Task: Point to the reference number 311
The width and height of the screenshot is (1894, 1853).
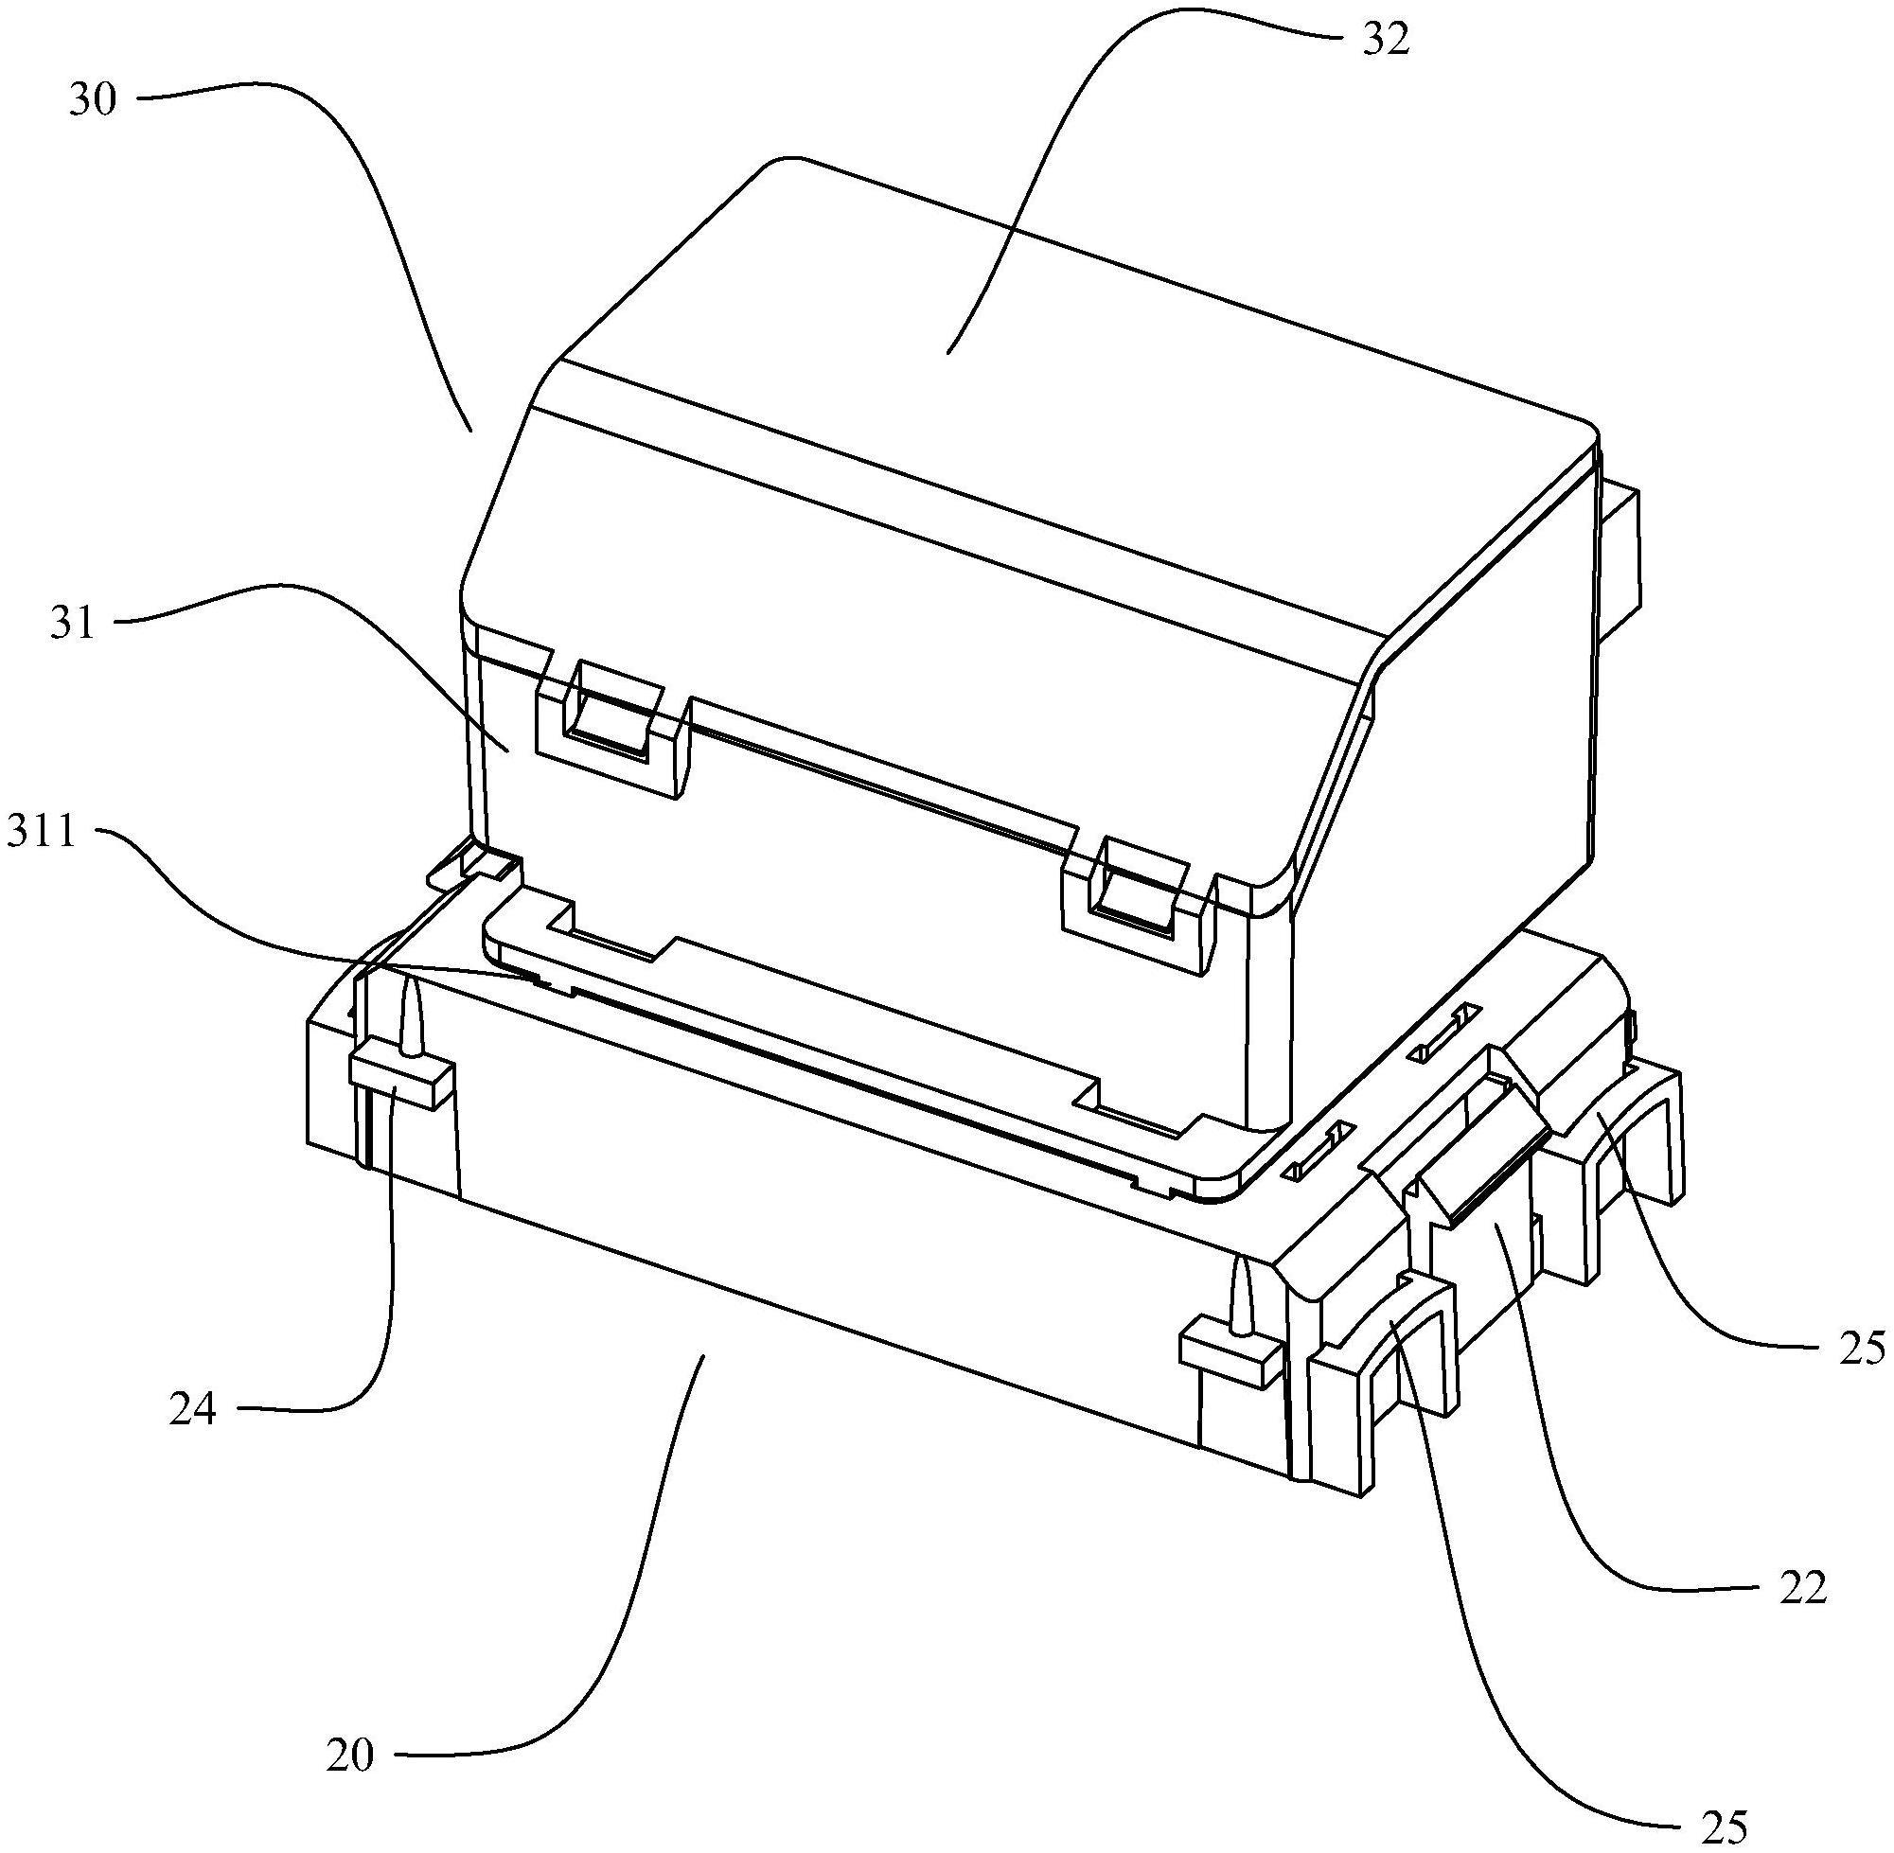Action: coord(41,833)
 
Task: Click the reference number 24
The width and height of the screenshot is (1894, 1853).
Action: coord(192,1408)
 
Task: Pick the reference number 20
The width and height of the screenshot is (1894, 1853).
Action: coord(349,1756)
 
